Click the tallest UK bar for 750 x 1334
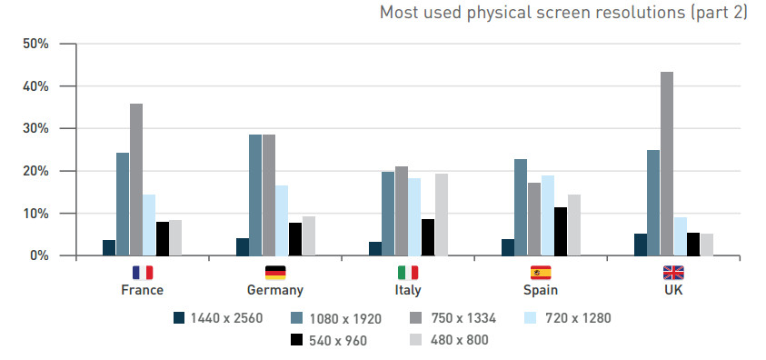pyautogui.click(x=667, y=164)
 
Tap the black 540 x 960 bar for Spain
pyautogui.click(x=562, y=232)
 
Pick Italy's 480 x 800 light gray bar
pyautogui.click(x=442, y=215)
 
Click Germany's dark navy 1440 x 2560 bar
pyautogui.click(x=243, y=247)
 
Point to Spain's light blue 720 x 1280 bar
pyautogui.click(x=548, y=215)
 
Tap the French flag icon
pyautogui.click(x=143, y=273)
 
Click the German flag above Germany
pyautogui.click(x=275, y=273)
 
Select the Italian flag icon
pyautogui.click(x=408, y=273)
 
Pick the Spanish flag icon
pyautogui.click(x=541, y=273)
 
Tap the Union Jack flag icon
pyautogui.click(x=673, y=273)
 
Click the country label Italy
pyautogui.click(x=408, y=290)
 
